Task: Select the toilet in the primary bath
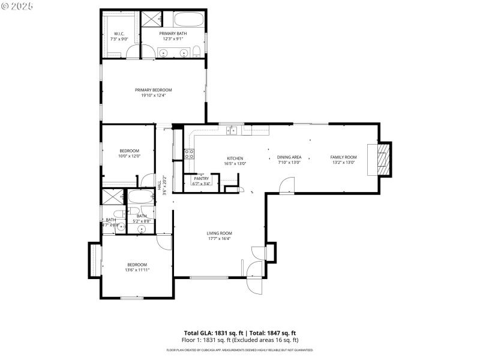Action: pos(196,50)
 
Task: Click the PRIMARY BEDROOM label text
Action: pos(153,90)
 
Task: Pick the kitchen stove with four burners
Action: pos(189,153)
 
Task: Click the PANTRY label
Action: pos(201,178)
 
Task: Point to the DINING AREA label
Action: pos(289,157)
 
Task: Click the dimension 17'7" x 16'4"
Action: pos(220,239)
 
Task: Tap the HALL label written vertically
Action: pos(160,187)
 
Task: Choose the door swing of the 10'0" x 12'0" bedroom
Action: pos(146,180)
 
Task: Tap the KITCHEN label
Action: pos(235,158)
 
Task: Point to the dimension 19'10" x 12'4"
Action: pos(153,95)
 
